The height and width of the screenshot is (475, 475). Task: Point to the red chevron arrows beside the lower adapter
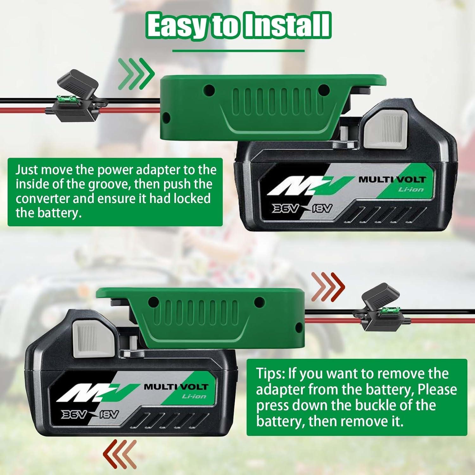click(328, 287)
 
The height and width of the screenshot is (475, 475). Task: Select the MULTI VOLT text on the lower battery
click(176, 387)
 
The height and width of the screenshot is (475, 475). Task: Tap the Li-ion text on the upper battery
click(411, 190)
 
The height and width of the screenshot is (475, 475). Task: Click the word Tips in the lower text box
click(270, 374)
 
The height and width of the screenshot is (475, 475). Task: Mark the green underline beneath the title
click(238, 51)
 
